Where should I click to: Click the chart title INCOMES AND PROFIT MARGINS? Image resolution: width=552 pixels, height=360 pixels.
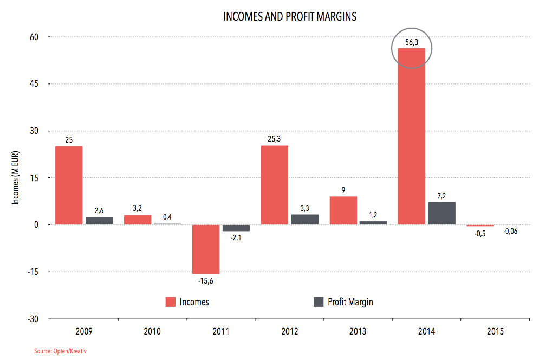(290, 17)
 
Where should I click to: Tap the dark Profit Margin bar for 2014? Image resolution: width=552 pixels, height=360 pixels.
(441, 213)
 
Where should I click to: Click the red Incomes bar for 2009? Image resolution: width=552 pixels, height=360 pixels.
(69, 185)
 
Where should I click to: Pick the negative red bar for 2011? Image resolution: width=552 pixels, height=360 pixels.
(206, 249)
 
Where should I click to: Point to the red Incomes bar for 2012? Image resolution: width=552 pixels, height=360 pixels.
(275, 185)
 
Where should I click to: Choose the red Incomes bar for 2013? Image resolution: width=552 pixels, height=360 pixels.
(343, 210)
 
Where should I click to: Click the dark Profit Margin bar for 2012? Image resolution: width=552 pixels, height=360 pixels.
(305, 219)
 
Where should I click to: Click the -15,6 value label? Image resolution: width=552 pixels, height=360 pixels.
(206, 281)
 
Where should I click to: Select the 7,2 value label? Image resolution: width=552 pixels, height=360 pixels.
(441, 196)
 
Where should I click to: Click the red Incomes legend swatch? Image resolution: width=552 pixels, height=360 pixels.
(170, 302)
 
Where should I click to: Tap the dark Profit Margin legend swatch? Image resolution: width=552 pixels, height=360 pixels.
(319, 301)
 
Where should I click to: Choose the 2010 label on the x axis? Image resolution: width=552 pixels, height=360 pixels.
(152, 331)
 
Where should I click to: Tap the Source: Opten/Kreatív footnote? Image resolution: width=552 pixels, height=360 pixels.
(60, 352)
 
